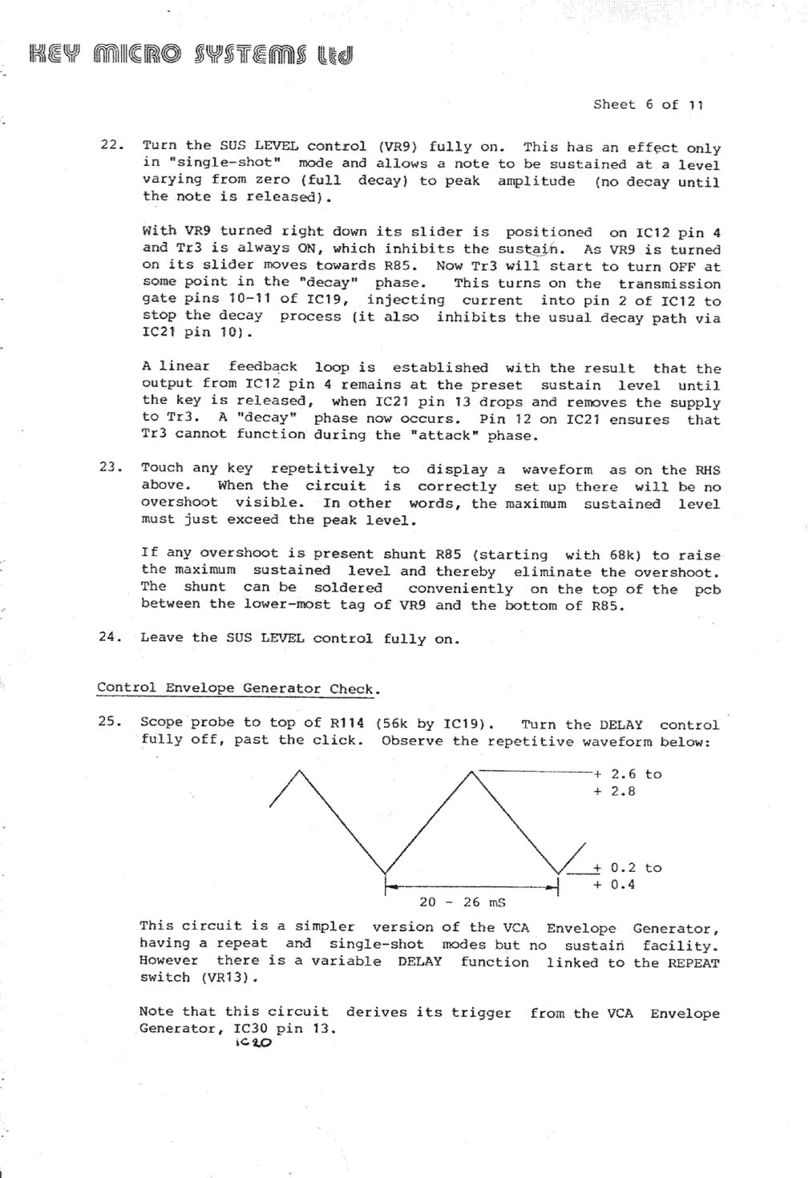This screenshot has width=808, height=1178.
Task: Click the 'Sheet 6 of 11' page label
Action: (648, 104)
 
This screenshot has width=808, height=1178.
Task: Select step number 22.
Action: (111, 145)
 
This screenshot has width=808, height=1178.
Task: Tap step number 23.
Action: (111, 467)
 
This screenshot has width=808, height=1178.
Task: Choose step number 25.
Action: (110, 720)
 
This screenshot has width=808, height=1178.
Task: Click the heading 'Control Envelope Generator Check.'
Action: (238, 688)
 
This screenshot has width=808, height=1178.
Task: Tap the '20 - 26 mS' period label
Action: (462, 902)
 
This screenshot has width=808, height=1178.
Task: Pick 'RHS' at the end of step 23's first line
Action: (707, 470)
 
